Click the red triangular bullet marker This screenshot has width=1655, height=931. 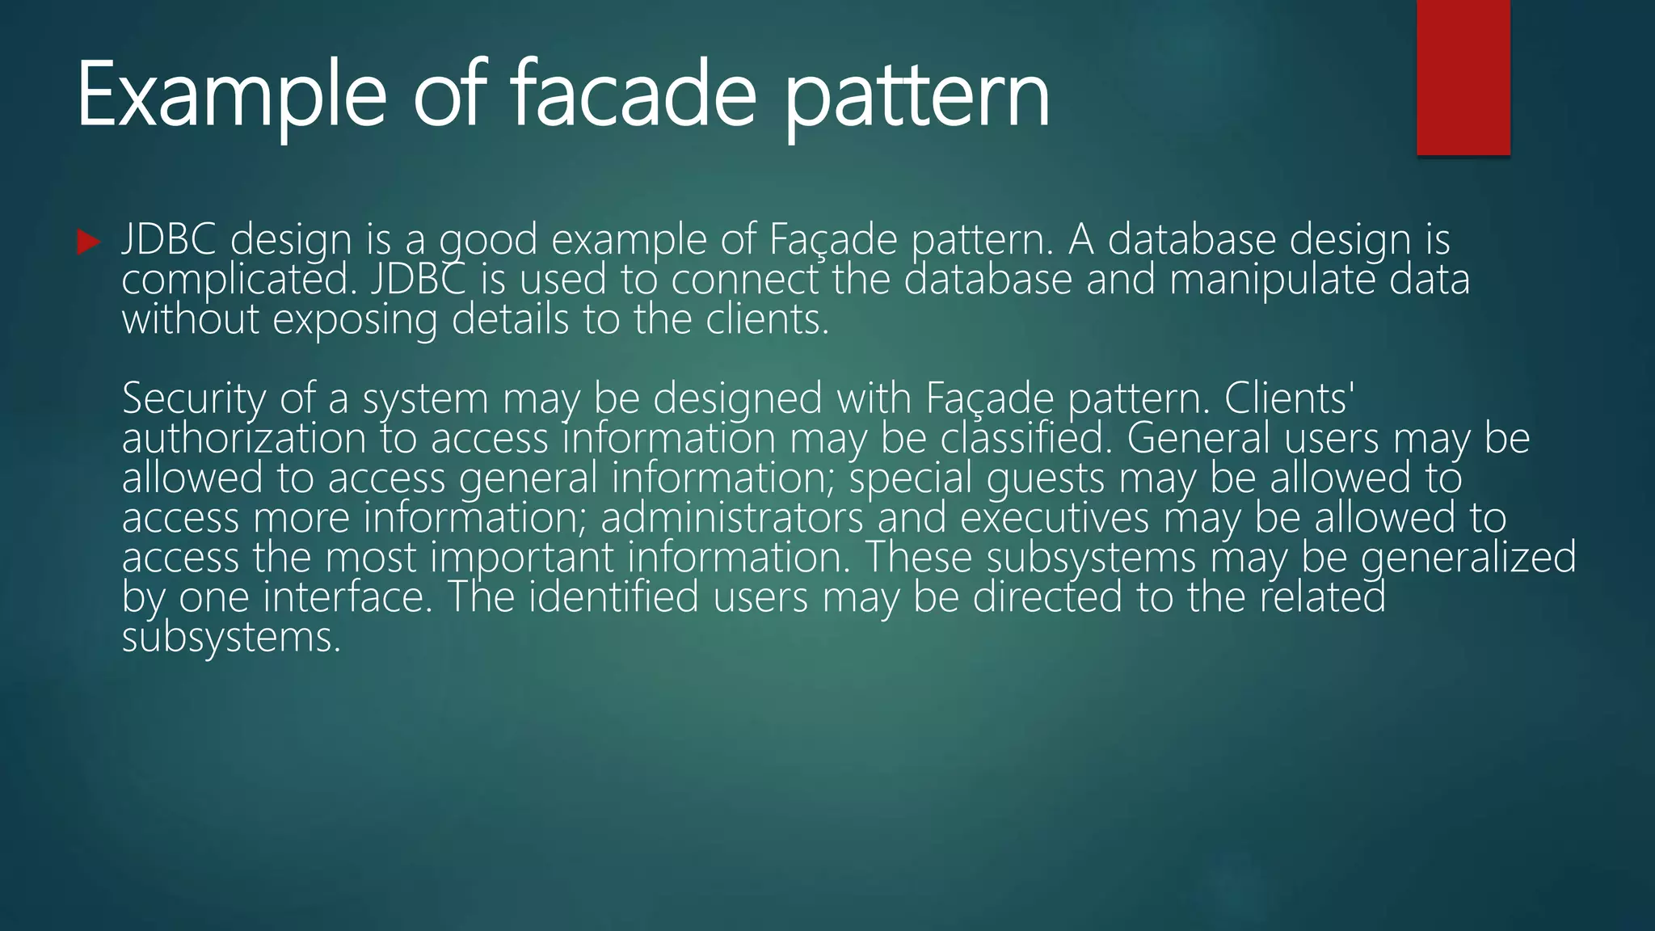click(x=88, y=242)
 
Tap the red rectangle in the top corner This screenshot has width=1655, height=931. click(x=1463, y=78)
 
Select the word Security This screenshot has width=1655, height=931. click(x=194, y=399)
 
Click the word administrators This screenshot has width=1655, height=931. click(x=732, y=518)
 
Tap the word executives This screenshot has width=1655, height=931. click(x=1055, y=518)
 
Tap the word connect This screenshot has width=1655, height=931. click(x=744, y=280)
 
